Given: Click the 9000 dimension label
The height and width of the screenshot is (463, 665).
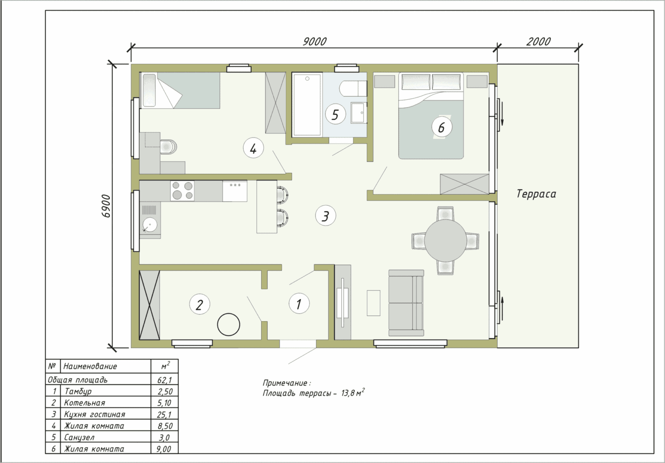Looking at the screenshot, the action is click(x=315, y=42).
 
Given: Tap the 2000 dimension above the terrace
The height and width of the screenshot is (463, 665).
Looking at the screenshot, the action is click(x=539, y=42).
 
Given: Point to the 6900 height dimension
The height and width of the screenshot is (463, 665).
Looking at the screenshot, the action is click(x=106, y=206).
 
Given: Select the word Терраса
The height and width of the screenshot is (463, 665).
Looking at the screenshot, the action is click(x=536, y=194).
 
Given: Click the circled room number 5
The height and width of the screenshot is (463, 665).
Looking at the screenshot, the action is click(x=335, y=115).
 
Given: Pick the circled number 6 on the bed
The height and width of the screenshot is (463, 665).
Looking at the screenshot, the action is click(x=441, y=127).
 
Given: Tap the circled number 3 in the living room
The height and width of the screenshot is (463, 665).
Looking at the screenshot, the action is click(x=325, y=216).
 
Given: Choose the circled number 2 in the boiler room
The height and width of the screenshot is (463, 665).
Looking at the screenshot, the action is click(x=199, y=305).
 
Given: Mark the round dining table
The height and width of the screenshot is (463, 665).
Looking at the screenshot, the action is click(x=445, y=241).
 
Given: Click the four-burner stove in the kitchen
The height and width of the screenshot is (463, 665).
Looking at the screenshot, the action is click(x=182, y=191).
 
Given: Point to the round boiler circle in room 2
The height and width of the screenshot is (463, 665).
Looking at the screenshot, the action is click(x=229, y=324).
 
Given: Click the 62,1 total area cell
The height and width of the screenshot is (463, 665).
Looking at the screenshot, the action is click(x=165, y=379).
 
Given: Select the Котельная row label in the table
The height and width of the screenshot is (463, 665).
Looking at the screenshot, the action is click(x=85, y=403).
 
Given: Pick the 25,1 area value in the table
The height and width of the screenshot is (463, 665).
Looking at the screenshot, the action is click(x=165, y=414).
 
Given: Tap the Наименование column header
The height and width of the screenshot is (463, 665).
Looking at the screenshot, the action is click(x=90, y=366).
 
